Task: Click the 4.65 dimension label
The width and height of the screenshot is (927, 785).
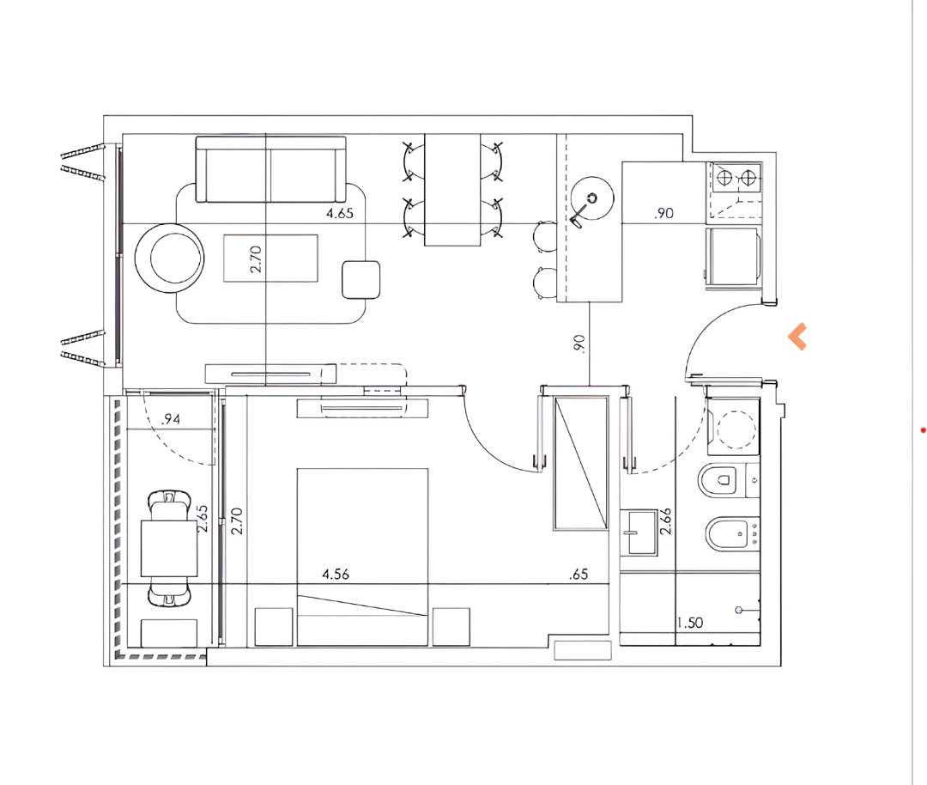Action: pyautogui.click(x=340, y=213)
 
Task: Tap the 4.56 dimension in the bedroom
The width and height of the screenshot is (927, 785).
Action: pyautogui.click(x=336, y=574)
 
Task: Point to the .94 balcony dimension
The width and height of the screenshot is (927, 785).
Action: pyautogui.click(x=170, y=419)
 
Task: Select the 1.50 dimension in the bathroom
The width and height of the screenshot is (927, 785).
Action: pyautogui.click(x=690, y=623)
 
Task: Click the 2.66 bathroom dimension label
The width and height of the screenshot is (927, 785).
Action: pyautogui.click(x=666, y=521)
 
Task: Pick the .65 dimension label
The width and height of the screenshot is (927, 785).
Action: pyautogui.click(x=579, y=574)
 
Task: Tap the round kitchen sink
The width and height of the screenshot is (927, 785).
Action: pyautogui.click(x=591, y=198)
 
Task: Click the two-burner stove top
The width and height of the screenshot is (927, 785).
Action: pyautogui.click(x=736, y=178)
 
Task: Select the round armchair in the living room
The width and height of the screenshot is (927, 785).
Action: pyautogui.click(x=170, y=258)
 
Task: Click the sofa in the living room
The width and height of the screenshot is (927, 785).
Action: pyautogui.click(x=270, y=170)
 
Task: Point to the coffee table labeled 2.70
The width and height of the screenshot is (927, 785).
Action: pyautogui.click(x=270, y=258)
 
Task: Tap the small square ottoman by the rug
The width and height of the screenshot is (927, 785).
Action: pyautogui.click(x=360, y=280)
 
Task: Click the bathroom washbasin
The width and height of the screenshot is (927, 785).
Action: pyautogui.click(x=639, y=532)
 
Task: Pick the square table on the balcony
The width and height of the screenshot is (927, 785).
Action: pyautogui.click(x=169, y=548)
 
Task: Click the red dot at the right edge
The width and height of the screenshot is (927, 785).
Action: pyautogui.click(x=923, y=430)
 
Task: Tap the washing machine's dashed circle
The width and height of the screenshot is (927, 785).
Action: pyautogui.click(x=736, y=429)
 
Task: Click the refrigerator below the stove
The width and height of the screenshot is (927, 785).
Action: pyautogui.click(x=732, y=256)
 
